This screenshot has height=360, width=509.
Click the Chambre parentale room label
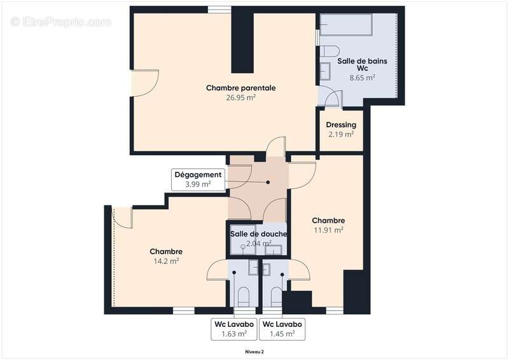[241, 88]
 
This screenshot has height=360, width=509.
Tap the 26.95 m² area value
[241, 97]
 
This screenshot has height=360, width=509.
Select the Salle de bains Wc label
[362, 65]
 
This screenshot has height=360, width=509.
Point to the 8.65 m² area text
[362, 78]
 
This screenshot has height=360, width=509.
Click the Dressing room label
[341, 125]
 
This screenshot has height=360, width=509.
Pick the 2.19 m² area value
[341, 134]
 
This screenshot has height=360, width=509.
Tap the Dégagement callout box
[198, 179]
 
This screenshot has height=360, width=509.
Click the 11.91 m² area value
[328, 230]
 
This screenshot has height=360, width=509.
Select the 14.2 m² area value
[166, 261]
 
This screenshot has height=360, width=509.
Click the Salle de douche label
[259, 233]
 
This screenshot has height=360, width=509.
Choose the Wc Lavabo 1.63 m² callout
[234, 329]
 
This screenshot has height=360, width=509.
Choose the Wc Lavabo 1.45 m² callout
[282, 329]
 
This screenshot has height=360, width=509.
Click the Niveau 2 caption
[254, 352]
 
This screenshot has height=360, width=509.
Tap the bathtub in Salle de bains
[346, 24]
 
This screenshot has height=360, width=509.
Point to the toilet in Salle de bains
[330, 52]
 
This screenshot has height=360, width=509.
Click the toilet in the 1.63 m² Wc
[244, 296]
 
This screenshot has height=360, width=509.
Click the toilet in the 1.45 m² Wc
[276, 296]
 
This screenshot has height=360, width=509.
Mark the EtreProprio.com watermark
[61, 22]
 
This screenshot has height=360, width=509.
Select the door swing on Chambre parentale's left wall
[145, 83]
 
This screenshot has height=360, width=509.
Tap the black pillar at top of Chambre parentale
[242, 39]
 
